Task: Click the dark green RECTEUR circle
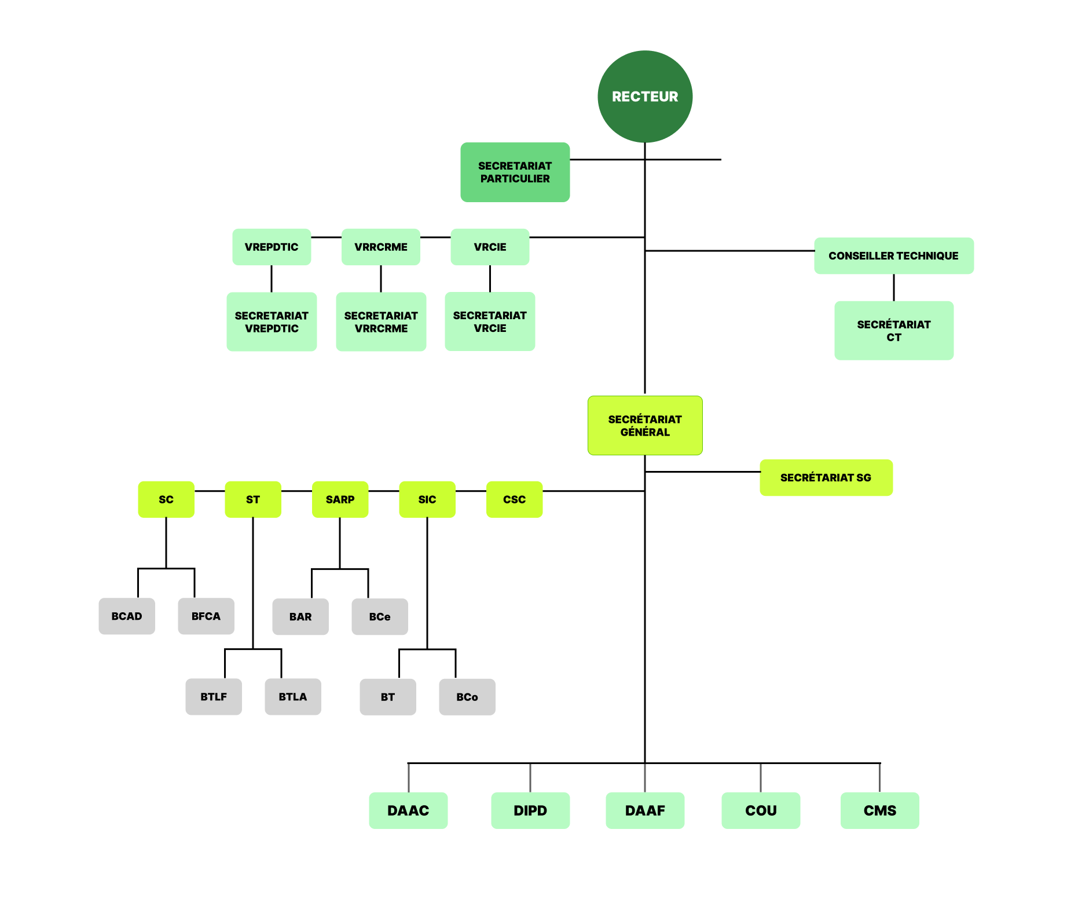click(x=644, y=96)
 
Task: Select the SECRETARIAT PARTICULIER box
click(x=515, y=172)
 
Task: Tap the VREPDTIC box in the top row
click(x=272, y=247)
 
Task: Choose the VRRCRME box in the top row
click(x=380, y=247)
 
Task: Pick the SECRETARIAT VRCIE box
click(x=490, y=322)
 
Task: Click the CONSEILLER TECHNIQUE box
click(x=893, y=255)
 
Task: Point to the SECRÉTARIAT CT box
click(x=893, y=330)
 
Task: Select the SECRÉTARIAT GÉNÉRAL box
click(x=644, y=425)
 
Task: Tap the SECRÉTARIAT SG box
click(x=826, y=477)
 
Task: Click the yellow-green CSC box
click(x=514, y=499)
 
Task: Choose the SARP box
click(x=340, y=499)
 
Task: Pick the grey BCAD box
click(x=127, y=616)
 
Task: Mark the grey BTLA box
click(x=292, y=696)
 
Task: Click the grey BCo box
click(x=467, y=697)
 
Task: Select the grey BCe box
click(x=379, y=616)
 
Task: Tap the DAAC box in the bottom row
click(x=408, y=810)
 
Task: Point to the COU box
click(x=760, y=810)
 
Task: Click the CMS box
click(x=879, y=810)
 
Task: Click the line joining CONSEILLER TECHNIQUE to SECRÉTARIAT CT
click(x=894, y=287)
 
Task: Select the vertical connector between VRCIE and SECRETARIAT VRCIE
click(x=490, y=279)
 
